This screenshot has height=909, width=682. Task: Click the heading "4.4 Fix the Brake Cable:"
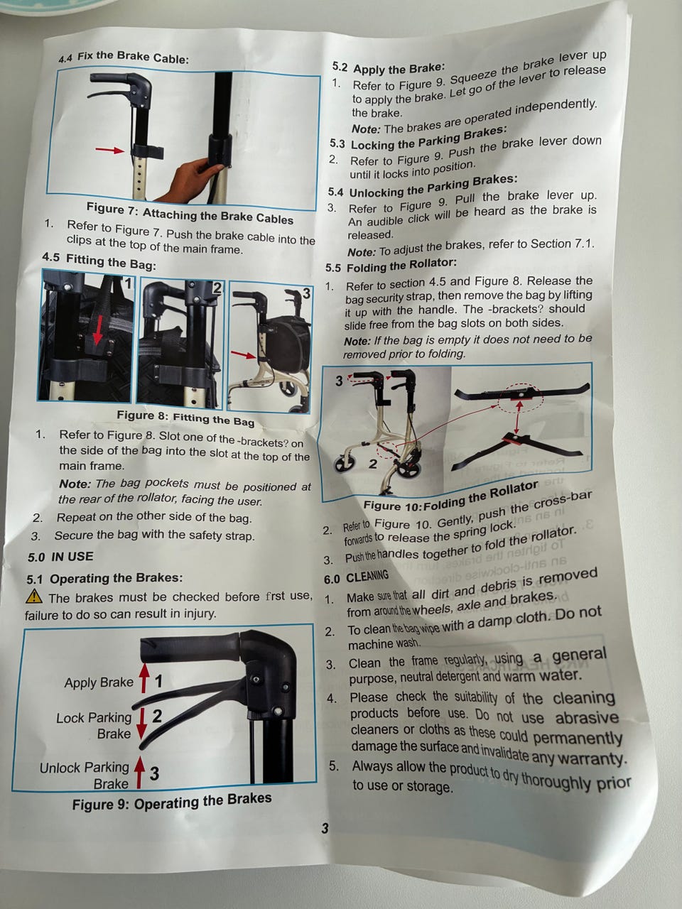[124, 57]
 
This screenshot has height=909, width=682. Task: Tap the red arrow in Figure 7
[109, 150]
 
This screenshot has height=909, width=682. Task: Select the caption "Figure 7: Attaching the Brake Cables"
[190, 213]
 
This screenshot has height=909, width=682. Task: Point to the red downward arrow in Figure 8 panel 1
[97, 329]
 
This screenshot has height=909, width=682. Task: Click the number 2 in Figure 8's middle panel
[217, 288]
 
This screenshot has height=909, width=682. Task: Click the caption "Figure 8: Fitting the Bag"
[185, 418]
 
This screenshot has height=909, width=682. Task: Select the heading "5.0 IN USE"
[60, 557]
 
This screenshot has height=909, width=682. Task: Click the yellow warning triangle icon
[34, 597]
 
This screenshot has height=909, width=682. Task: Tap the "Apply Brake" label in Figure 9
[99, 682]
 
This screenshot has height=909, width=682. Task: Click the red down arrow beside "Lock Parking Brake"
[141, 724]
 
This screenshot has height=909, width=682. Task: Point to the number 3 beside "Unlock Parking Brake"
[154, 773]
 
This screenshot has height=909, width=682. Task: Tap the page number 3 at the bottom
[325, 828]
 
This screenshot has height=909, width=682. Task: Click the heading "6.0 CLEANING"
[357, 577]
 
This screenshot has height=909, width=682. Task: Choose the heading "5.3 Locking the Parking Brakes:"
[418, 138]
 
